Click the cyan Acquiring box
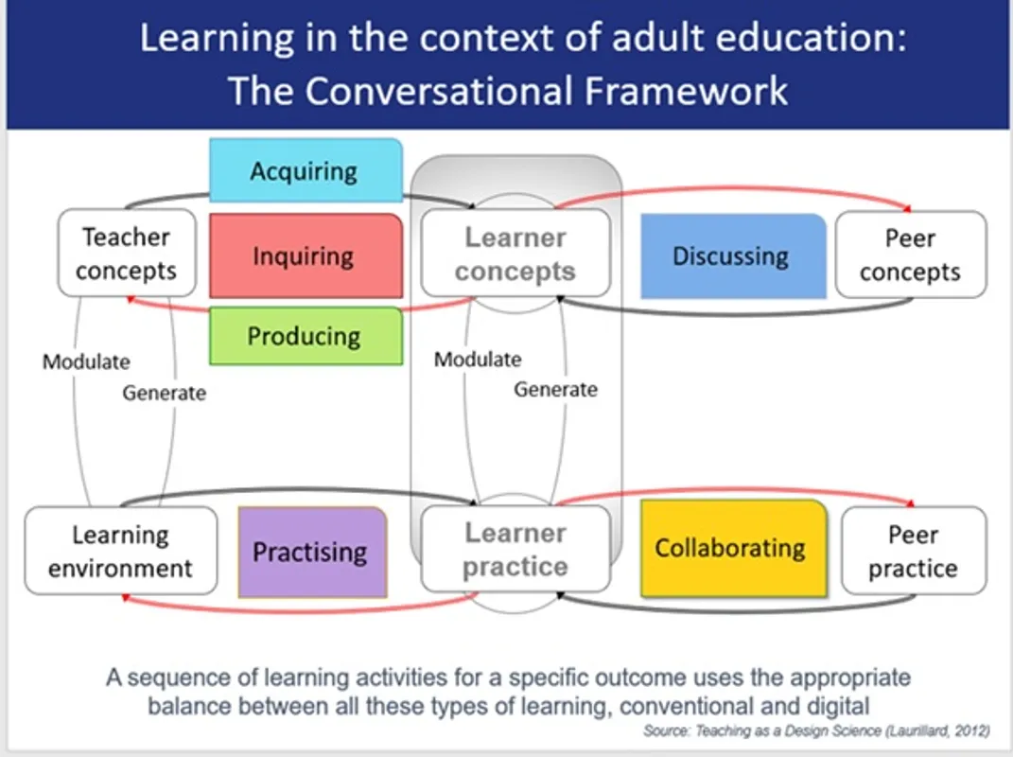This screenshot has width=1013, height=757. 306,170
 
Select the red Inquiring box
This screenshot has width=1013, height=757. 306,255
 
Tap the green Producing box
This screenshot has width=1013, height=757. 306,336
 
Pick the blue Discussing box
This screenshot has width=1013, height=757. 733,256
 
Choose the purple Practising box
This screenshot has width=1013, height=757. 313,552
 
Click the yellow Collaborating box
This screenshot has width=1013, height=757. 734,548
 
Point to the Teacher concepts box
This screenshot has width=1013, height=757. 127,253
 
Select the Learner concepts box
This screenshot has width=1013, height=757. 515,253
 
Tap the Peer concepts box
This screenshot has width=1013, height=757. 911,255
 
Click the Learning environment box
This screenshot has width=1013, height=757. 121,551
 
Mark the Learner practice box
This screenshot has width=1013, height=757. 515,549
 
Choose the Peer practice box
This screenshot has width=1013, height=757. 914,551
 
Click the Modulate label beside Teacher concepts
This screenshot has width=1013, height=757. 86,361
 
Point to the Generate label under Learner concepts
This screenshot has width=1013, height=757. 555,389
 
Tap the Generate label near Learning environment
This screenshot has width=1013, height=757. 164,393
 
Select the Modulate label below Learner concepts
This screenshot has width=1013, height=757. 478,359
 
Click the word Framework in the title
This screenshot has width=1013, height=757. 686,91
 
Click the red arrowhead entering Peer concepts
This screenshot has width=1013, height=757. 907,208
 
